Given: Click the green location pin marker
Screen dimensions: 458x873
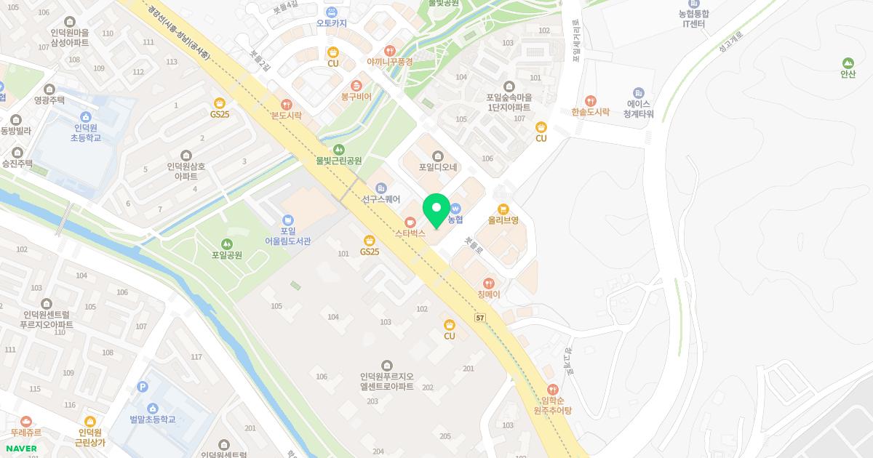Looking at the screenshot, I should tap(436, 210).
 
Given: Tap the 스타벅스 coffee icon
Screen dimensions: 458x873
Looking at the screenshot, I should tap(410, 221).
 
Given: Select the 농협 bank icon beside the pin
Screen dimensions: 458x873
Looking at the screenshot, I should tap(456, 207).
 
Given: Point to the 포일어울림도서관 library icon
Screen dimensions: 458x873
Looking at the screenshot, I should tap(287, 220).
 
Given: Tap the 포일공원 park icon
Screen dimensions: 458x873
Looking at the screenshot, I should tap(226, 244).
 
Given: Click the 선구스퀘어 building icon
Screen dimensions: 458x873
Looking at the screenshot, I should tap(380, 188).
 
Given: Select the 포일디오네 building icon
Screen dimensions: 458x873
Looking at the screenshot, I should tap(437, 156).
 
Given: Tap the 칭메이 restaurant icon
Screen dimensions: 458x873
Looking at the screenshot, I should tap(489, 283).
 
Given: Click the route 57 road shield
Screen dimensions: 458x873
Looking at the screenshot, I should tap(479, 318).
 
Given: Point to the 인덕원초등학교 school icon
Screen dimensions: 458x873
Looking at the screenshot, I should tap(85, 116).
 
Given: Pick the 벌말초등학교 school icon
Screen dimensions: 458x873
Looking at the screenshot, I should tap(152, 409).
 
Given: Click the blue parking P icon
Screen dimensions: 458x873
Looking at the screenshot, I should tap(143, 387).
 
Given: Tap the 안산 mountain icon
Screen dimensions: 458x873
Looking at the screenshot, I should tap(848, 63).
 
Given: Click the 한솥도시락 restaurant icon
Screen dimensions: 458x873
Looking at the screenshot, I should tap(590, 101).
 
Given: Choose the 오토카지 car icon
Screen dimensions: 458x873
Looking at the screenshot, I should tap(332, 12).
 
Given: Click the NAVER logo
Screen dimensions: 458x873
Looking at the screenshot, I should tap(20, 449).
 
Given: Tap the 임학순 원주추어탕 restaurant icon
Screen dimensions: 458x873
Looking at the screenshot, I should tap(552, 390).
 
